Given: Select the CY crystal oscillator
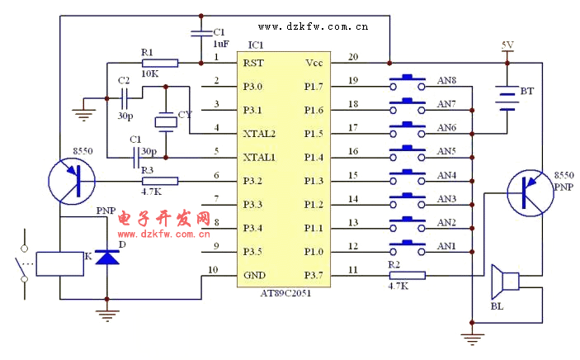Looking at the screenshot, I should (167, 122).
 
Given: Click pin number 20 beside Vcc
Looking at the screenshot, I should (352, 58).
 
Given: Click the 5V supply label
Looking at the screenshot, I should (507, 45).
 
